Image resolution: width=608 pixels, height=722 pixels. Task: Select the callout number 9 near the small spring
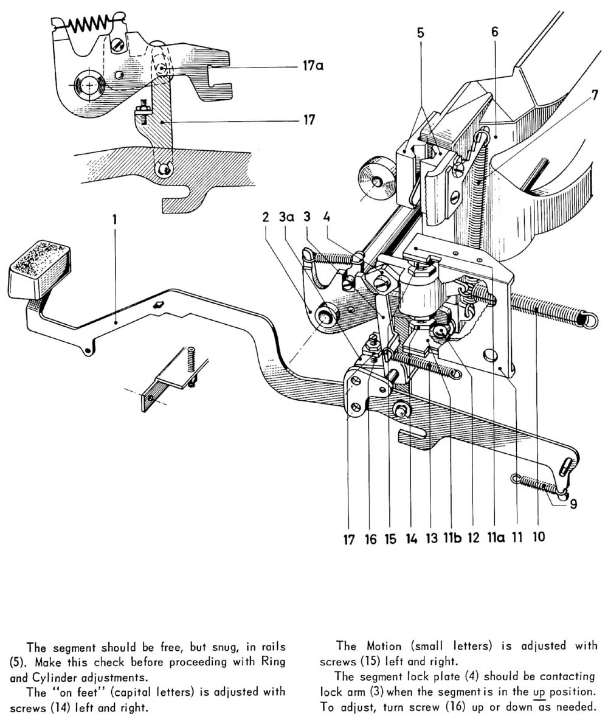[x=573, y=503]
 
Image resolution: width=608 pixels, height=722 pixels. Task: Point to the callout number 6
[x=494, y=32]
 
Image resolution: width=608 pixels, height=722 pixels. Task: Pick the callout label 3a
[x=286, y=218]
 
